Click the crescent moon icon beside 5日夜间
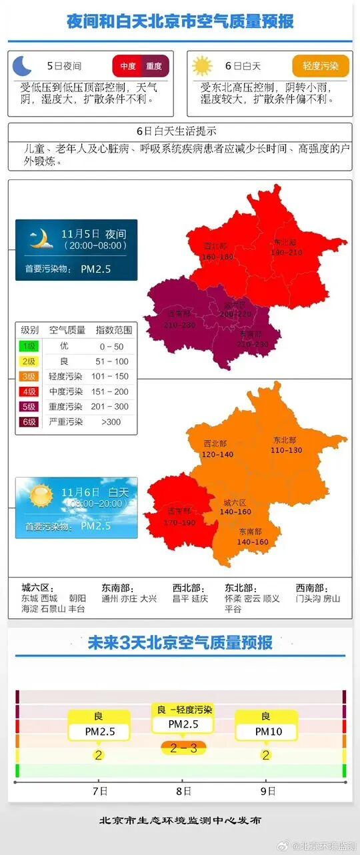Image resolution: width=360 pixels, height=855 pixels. pyautogui.click(x=23, y=65)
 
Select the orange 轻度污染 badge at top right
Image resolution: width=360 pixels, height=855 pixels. pyautogui.click(x=321, y=66)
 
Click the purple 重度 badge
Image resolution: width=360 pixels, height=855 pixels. pyautogui.click(x=154, y=66)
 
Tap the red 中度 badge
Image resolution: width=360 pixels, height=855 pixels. pyautogui.click(x=128, y=66)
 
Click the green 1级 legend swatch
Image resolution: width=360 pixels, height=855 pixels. pyautogui.click(x=29, y=346)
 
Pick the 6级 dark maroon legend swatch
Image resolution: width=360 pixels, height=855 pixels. pyautogui.click(x=29, y=421)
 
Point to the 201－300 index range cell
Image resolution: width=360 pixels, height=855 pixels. pyautogui.click(x=113, y=407)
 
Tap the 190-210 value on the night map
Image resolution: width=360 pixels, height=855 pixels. pyautogui.click(x=286, y=253)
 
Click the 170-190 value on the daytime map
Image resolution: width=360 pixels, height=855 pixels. pyautogui.click(x=179, y=523)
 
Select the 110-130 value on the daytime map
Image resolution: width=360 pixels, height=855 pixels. pyautogui.click(x=287, y=450)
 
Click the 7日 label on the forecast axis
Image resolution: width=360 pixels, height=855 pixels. pyautogui.click(x=100, y=791)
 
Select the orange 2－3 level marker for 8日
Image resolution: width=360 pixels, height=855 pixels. pyautogui.click(x=183, y=748)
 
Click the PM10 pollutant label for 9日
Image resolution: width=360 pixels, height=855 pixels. pyautogui.click(x=266, y=732)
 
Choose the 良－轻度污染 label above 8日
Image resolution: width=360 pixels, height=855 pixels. pyautogui.click(x=184, y=710)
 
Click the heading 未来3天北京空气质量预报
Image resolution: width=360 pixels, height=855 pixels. pyautogui.click(x=180, y=643)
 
